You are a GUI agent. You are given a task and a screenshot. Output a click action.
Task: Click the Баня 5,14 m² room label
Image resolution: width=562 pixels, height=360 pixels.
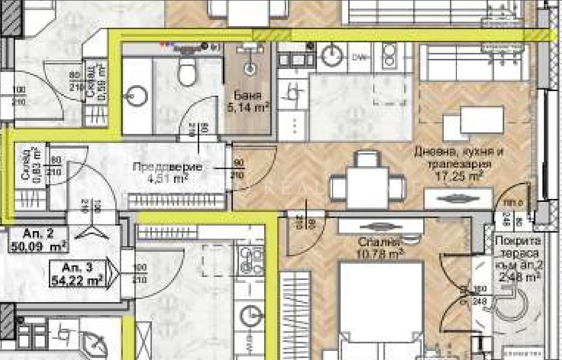249,101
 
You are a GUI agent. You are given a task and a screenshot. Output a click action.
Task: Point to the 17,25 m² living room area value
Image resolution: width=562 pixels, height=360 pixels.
459,176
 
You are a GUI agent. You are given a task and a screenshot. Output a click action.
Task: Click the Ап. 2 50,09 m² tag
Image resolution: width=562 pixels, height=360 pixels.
38,240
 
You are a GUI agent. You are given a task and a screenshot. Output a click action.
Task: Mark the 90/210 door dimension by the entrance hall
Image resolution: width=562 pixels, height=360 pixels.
238,169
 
